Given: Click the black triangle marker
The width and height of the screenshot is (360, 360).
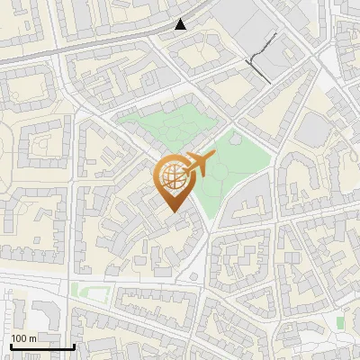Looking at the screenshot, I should click(181, 24).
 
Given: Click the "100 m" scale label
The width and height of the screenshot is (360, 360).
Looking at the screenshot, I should click(23, 338).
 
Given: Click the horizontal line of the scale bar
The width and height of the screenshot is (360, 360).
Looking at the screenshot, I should click(42, 346).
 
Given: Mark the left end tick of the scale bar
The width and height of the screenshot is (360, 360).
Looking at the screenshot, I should click(11, 345).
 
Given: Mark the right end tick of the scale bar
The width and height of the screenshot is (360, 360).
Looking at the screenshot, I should click(74, 345).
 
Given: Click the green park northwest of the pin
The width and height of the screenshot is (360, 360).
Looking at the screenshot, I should click(162, 130).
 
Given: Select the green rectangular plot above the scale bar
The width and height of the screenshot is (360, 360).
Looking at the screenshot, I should click(86, 291).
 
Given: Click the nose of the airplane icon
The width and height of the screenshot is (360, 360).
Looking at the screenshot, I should click(214, 156).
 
